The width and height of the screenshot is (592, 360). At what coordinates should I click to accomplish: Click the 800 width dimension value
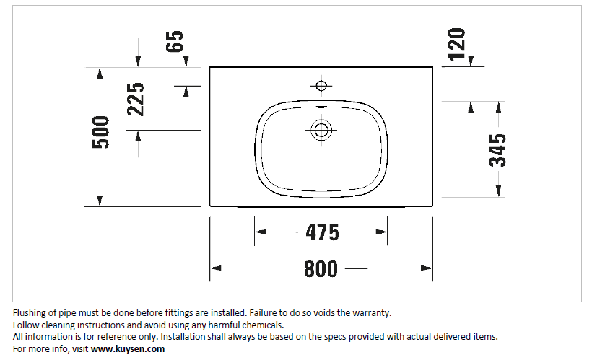(321, 268)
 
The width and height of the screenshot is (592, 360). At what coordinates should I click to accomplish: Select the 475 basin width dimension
(323, 232)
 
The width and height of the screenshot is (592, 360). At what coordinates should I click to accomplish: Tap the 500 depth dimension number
(101, 132)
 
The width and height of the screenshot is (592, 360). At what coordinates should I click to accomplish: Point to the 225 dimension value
(136, 99)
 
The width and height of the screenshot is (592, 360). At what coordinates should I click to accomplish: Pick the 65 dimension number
(175, 41)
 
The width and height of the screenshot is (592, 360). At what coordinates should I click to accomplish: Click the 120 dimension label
(456, 44)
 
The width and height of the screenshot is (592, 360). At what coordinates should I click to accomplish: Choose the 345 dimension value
(497, 150)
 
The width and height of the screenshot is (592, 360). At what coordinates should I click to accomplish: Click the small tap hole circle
(321, 86)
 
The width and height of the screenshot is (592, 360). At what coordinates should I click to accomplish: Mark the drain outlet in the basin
(321, 130)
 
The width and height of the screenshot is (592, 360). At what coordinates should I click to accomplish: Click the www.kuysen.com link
(128, 348)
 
